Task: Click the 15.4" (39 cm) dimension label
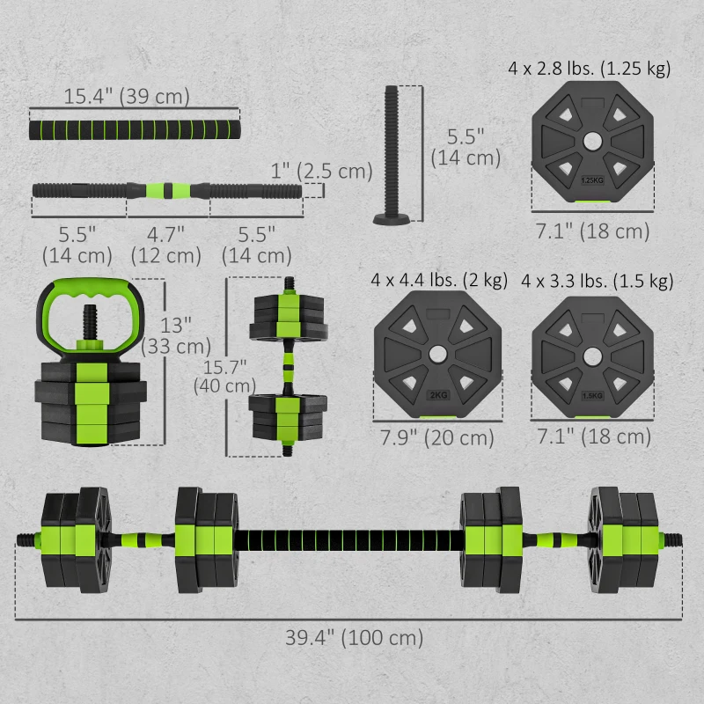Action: tap(126, 96)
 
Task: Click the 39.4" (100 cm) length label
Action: tap(352, 638)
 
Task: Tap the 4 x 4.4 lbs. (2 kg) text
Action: tap(439, 281)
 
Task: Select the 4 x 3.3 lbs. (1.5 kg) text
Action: tap(597, 281)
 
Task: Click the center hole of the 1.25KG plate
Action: tap(593, 141)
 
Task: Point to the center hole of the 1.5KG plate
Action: tap(593, 352)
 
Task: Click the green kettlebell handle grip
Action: tap(88, 289)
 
